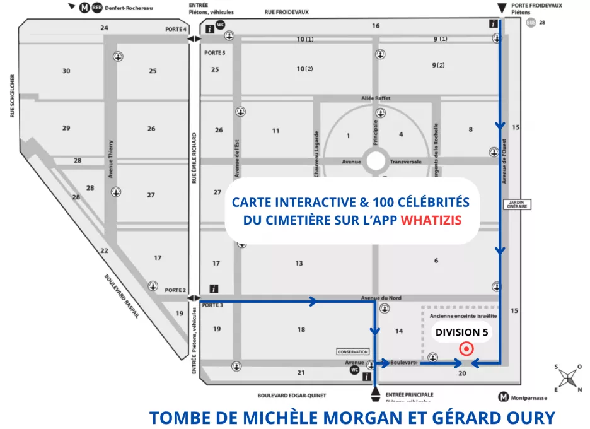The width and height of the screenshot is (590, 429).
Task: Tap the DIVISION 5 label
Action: click(462, 332)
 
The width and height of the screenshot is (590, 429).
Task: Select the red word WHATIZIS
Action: click(431, 221)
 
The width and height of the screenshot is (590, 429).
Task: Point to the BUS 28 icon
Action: click(531, 22)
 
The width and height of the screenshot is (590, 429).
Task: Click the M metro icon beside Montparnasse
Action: click(503, 397)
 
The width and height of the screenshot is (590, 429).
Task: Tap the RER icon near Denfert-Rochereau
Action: click(96, 8)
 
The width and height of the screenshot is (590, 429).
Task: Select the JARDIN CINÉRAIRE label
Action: click(516, 204)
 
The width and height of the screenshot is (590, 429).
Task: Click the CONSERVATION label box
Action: click(352, 351)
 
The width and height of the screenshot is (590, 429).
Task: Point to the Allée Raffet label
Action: click(376, 98)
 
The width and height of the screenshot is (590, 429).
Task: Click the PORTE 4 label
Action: click(176, 29)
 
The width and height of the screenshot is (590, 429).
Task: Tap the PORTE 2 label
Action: click(176, 290)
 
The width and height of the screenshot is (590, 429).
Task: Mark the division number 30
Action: click(66, 71)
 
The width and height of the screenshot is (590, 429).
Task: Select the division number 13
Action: click(299, 263)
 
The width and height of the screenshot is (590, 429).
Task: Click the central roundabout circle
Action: click(376, 161)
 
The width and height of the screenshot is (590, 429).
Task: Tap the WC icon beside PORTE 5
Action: click(221, 26)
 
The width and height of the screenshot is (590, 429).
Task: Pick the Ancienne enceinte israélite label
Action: click(463, 315)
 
